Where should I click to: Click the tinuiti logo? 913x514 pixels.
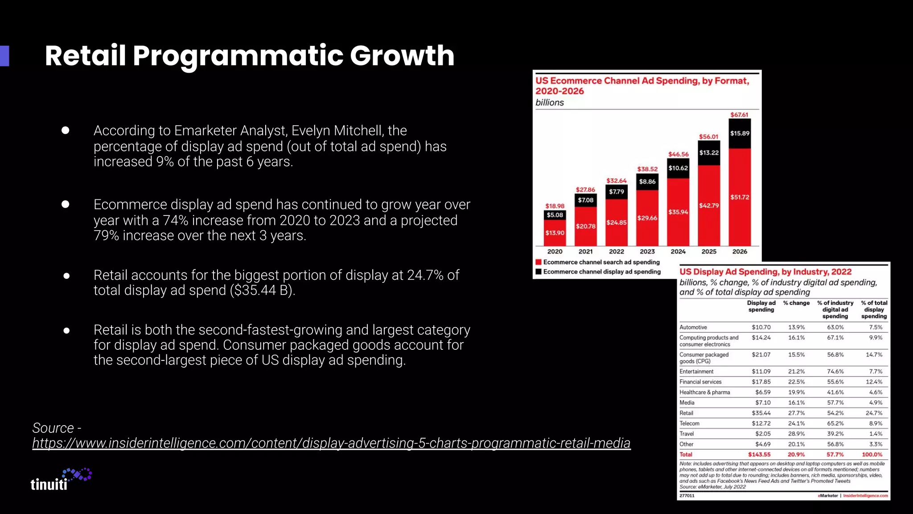61,480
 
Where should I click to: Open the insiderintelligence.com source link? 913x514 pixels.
331,443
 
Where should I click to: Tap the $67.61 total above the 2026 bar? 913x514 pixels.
739,115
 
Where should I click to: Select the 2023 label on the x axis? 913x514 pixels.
647,252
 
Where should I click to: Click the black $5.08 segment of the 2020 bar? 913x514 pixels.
555,215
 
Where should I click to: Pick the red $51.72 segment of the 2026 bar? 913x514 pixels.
740,197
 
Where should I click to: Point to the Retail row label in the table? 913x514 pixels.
686,413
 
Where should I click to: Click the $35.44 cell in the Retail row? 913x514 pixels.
761,413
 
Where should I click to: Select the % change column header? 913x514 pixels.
796,303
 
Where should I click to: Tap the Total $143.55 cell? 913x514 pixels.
759,455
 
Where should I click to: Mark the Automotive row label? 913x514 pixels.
693,327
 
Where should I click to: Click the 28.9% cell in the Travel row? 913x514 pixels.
796,434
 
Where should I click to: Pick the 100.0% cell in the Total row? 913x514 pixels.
872,455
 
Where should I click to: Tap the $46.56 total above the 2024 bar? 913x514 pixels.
678,154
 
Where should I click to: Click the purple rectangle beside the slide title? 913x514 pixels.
4,56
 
